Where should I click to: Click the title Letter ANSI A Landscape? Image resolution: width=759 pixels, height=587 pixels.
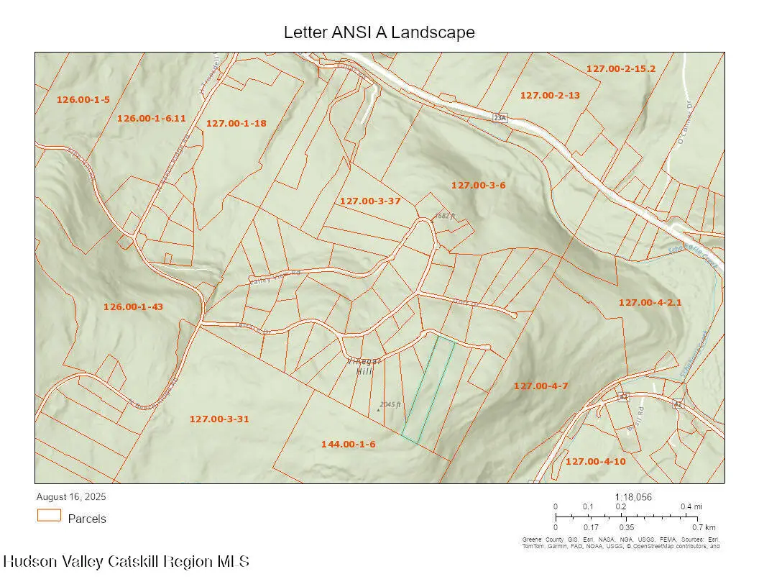[x=379, y=32]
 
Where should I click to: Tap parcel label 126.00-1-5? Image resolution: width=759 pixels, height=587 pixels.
[x=83, y=100]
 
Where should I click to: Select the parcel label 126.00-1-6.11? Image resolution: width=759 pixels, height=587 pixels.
[x=152, y=118]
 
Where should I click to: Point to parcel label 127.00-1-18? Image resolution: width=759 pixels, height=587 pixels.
[x=236, y=123]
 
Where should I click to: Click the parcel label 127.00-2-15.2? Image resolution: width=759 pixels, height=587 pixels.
[x=621, y=69]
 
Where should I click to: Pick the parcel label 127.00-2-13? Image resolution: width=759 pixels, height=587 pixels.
[x=550, y=95]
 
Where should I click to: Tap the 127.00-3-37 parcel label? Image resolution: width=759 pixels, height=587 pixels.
[x=370, y=201]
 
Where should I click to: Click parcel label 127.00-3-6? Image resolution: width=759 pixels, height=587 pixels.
[x=479, y=185]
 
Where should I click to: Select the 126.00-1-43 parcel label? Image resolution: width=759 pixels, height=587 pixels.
[x=134, y=306]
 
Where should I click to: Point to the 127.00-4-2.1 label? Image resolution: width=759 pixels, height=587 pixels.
[x=650, y=303]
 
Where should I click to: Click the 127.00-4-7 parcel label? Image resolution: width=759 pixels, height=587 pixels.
[x=541, y=386]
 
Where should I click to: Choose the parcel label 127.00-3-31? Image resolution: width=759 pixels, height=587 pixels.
[x=219, y=419]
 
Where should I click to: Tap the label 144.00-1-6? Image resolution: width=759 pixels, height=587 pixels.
[x=349, y=445]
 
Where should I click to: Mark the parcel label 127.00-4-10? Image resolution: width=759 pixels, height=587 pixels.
[x=596, y=461]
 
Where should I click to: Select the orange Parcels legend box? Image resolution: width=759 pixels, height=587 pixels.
[x=50, y=516]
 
